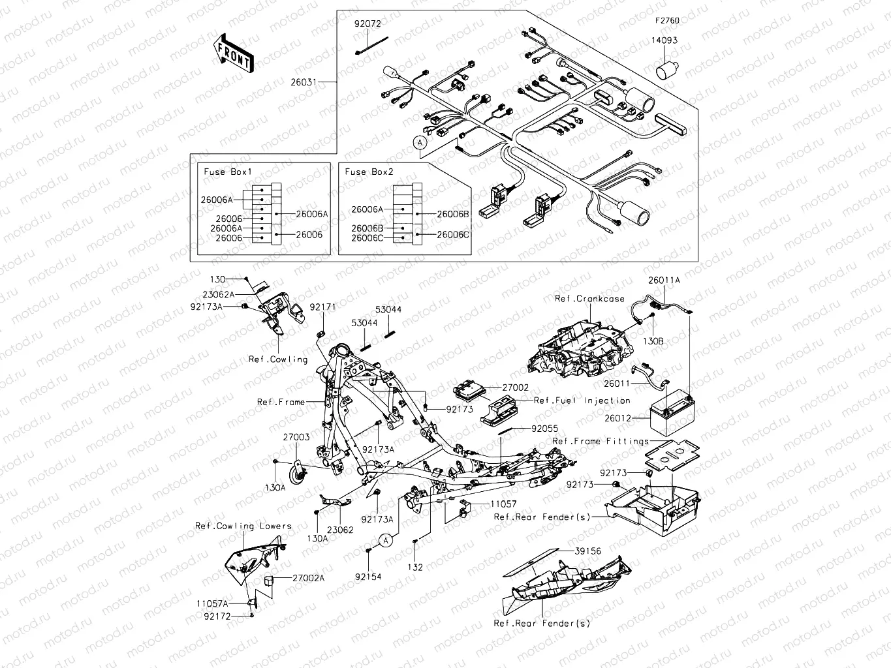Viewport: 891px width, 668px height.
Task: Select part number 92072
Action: click(x=367, y=23)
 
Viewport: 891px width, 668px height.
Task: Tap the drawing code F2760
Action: click(x=667, y=21)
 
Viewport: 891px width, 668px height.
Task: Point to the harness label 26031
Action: click(x=304, y=83)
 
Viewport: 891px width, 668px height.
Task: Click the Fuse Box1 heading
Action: click(x=228, y=172)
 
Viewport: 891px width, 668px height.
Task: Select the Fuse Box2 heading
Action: click(x=369, y=172)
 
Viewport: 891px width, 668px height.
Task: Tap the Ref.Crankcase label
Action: click(x=589, y=299)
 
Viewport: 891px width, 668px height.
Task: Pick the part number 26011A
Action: click(x=664, y=280)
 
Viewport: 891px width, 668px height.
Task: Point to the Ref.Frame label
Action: click(x=281, y=402)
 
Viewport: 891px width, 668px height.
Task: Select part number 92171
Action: click(x=322, y=307)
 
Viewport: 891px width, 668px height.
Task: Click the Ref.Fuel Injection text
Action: click(x=582, y=401)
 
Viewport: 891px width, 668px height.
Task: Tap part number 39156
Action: click(x=587, y=551)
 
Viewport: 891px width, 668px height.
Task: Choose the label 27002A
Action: click(x=308, y=578)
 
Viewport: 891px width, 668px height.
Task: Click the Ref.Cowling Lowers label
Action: click(x=243, y=526)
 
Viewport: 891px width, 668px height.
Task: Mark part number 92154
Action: click(x=368, y=577)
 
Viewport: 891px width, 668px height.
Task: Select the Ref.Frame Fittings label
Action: click(x=601, y=442)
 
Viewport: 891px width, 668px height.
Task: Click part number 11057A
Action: click(x=213, y=604)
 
